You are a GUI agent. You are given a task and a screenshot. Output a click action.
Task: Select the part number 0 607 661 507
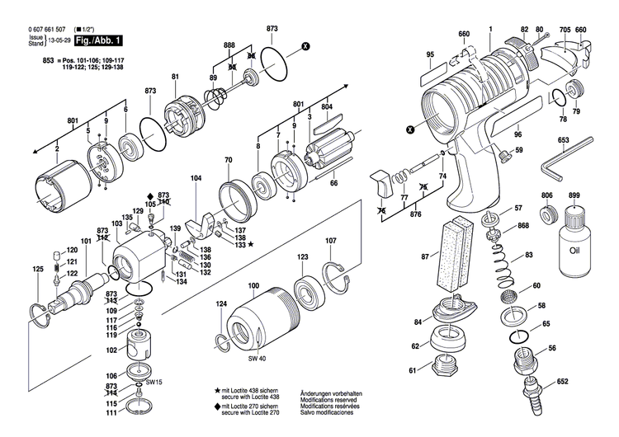(35, 29)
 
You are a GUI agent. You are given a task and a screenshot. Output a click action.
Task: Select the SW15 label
(154, 383)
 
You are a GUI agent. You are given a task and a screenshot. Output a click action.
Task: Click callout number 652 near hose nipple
(563, 382)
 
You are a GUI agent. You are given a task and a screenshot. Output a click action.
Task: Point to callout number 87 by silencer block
(425, 257)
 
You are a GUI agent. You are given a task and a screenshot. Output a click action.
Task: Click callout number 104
(196, 178)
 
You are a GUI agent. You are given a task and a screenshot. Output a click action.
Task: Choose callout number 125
(37, 270)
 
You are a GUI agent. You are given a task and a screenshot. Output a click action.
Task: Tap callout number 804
(327, 107)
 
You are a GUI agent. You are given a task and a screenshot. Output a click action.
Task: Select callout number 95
(429, 55)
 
